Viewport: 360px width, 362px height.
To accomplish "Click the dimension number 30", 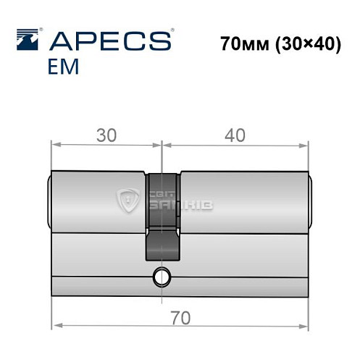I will tap(105, 135).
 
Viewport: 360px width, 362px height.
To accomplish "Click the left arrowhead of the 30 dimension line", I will tap(56, 146).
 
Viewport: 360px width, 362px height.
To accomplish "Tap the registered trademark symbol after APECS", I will tap(171, 30).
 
